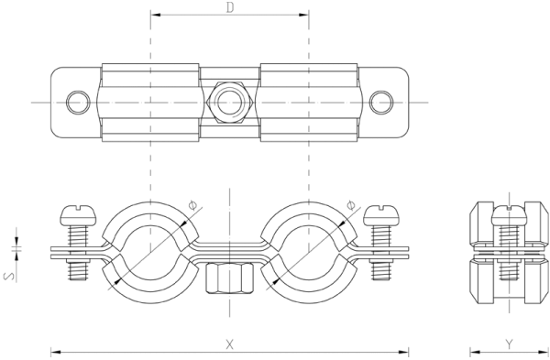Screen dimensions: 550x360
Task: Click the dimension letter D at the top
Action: (230, 7)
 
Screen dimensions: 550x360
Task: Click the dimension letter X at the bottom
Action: (229, 344)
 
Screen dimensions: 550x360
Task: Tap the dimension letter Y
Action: (509, 344)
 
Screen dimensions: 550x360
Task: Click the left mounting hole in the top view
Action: (78, 103)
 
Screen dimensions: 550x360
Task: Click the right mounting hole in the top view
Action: (381, 103)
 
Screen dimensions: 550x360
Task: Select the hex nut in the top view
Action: (230, 103)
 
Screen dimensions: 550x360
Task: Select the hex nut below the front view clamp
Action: (230, 278)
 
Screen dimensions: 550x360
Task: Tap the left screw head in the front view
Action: (78, 215)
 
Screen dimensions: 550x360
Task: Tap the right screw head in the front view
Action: (381, 215)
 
